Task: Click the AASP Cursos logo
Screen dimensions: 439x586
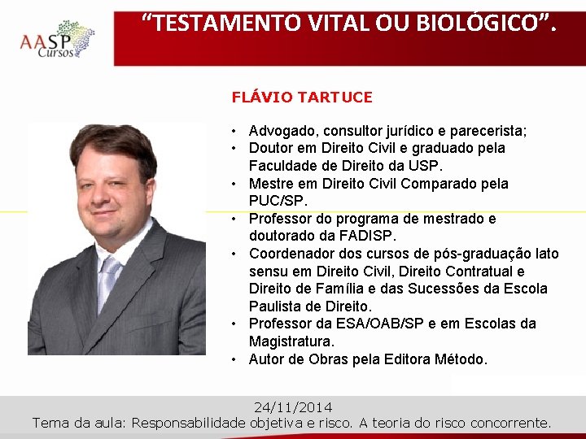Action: pyautogui.click(x=57, y=39)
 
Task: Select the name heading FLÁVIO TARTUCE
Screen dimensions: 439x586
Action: pyautogui.click(x=302, y=98)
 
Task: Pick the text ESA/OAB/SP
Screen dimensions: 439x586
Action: pyautogui.click(x=357, y=324)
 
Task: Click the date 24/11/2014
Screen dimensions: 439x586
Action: pyautogui.click(x=293, y=407)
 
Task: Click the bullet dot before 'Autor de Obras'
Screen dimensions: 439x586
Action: pyautogui.click(x=234, y=359)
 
